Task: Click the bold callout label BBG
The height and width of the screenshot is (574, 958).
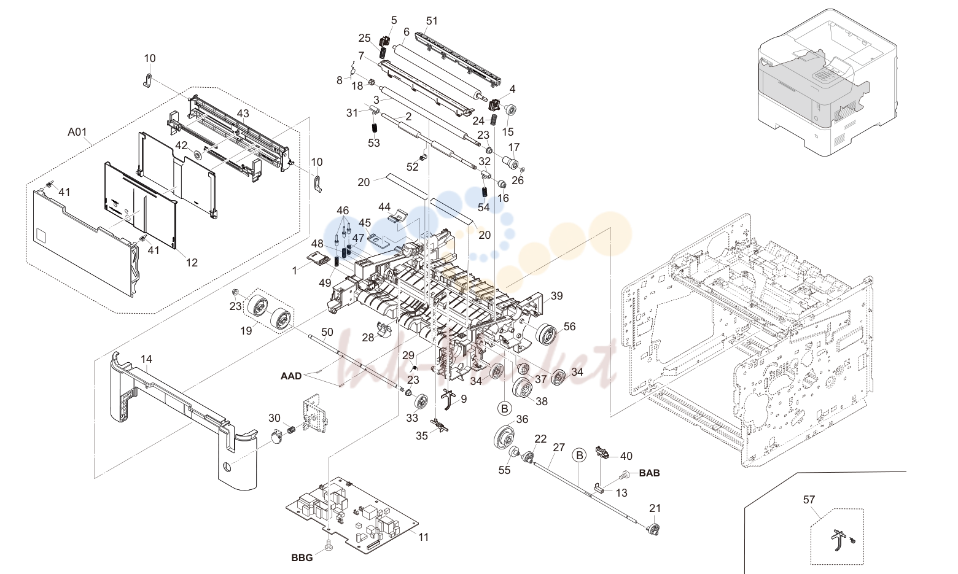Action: pos(302,558)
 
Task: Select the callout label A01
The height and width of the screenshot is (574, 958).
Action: pos(77,132)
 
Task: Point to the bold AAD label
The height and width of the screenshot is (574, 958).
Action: pos(291,376)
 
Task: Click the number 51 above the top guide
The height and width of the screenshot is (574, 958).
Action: pos(432,20)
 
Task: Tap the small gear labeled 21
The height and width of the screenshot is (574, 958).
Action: pos(653,529)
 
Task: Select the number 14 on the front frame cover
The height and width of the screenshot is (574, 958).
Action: pos(146,359)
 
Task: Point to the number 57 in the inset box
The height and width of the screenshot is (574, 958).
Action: pos(809,500)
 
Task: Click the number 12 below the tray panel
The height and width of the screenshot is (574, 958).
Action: pos(192,263)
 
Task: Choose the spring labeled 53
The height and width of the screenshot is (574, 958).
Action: pos(374,128)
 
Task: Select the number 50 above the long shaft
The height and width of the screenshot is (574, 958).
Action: pos(327,332)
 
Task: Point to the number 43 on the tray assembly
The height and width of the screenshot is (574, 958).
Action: pos(243,113)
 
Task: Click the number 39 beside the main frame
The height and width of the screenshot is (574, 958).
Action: pos(556,296)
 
